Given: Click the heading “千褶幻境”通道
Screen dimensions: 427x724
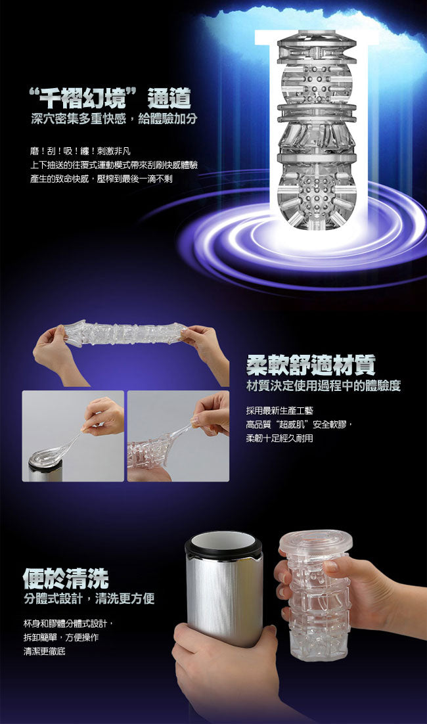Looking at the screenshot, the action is coord(110,98).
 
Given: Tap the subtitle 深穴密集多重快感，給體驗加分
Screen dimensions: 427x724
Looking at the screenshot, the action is coord(114,119).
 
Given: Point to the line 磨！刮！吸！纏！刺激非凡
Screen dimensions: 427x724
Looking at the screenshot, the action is coord(80,151).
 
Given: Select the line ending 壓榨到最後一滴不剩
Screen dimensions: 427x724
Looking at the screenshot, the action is coord(101,179).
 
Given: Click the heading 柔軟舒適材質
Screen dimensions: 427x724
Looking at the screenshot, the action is coord(311,365).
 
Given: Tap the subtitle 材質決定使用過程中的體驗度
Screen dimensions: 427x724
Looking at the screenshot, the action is coord(324,386).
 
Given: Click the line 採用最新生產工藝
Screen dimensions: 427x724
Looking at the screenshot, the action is coord(279,411).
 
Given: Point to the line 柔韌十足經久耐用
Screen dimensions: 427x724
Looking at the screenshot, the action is coord(279,438).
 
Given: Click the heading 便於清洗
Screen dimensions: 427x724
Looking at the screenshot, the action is coord(66,578).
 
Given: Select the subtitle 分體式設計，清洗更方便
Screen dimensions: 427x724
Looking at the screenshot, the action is coord(89,599).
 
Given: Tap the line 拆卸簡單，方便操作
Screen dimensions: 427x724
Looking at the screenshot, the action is coord(61,638).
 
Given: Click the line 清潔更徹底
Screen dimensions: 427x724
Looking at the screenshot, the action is coord(44,652).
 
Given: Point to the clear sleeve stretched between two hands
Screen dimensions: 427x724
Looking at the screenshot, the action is coord(125,332).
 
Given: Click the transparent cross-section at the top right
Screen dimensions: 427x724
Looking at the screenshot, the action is coord(317,130).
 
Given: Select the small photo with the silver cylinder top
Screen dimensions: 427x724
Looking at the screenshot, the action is coord(73,436).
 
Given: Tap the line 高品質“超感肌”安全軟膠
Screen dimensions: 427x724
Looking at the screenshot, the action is coord(300,424).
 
